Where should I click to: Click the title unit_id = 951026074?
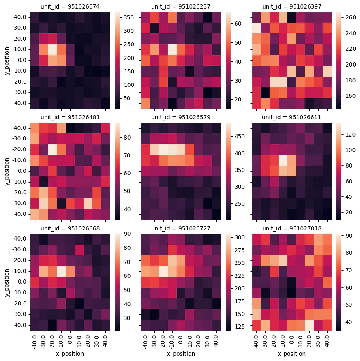[70, 6]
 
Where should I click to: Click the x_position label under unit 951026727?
[180, 354]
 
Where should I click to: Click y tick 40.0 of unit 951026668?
[22, 325]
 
